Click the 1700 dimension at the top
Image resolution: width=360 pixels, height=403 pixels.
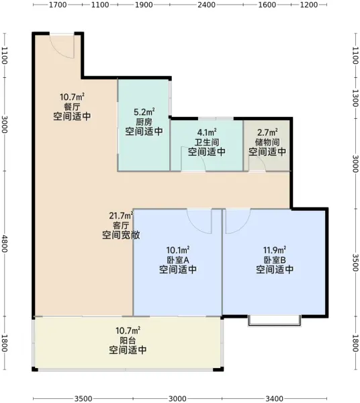pos(58,5)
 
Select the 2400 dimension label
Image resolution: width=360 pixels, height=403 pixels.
pos(206,5)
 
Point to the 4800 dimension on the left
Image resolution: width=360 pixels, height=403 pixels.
pos(5,243)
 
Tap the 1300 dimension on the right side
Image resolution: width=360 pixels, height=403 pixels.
pos(355,98)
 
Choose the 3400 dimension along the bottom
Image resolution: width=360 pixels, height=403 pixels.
pos(274,398)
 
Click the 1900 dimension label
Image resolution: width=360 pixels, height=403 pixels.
pos(144,5)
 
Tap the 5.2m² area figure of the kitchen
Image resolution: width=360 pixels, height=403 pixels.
pos(144,112)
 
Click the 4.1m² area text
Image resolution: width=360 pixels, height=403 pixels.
pos(207,132)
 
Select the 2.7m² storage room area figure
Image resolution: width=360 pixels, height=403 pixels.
pos(267,132)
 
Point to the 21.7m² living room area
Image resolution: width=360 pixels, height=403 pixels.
pos(121,216)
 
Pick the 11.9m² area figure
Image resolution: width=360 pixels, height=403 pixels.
pos(275,250)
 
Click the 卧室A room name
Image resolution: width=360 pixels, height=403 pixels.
pos(178,260)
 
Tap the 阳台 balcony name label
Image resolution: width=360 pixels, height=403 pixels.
pos(128,341)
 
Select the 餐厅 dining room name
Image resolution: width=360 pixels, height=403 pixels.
pos(72,107)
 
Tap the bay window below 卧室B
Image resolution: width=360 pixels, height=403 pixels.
pos(274,321)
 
